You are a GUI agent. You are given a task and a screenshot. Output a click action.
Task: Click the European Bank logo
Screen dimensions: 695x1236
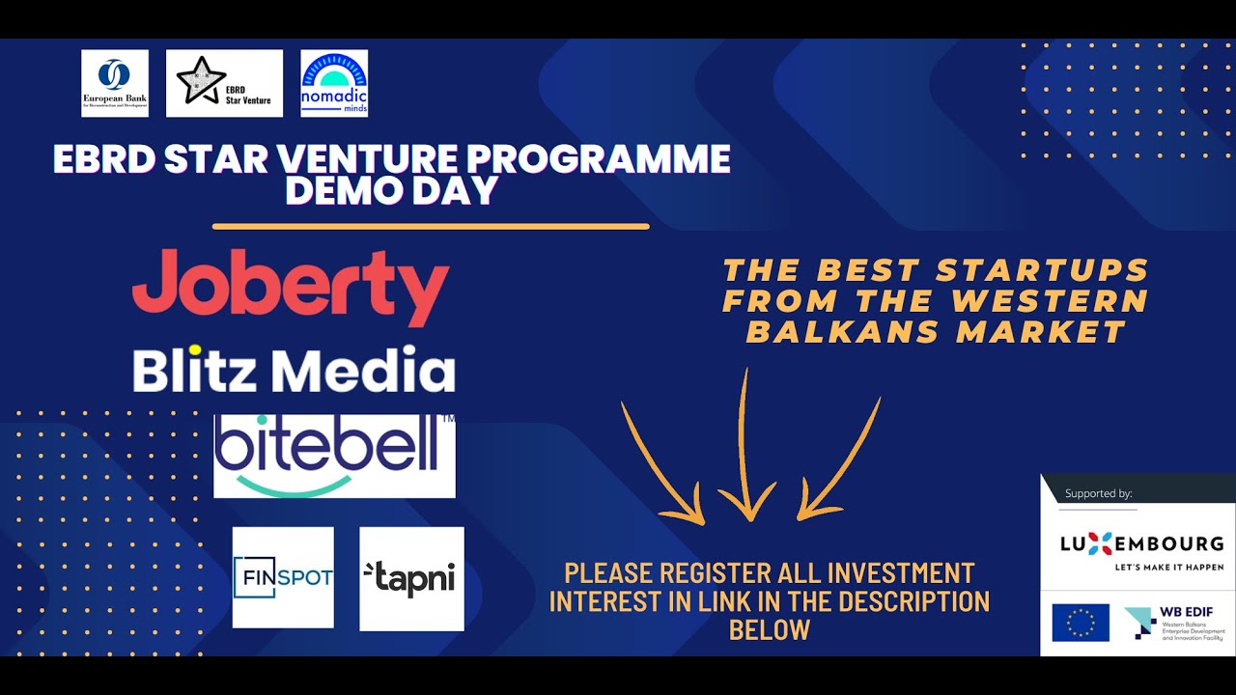(115, 83)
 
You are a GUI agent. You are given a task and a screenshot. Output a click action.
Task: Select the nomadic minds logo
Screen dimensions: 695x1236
(334, 83)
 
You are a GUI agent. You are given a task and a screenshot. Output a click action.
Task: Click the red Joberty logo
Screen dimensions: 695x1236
(291, 287)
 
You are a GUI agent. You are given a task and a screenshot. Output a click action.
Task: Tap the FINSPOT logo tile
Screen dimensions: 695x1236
(283, 577)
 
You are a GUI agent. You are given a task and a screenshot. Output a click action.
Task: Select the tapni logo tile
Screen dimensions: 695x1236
(411, 578)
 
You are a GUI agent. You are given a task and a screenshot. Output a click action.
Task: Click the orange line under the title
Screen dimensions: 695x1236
(431, 227)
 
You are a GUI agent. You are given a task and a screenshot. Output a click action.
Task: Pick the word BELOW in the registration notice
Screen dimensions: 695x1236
(769, 630)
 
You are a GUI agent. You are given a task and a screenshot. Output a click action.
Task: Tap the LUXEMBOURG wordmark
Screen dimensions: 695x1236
(1141, 542)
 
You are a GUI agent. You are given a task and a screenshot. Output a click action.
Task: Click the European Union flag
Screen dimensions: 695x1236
(1081, 623)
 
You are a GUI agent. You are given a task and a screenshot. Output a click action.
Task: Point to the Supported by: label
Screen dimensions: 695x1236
(1098, 493)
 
